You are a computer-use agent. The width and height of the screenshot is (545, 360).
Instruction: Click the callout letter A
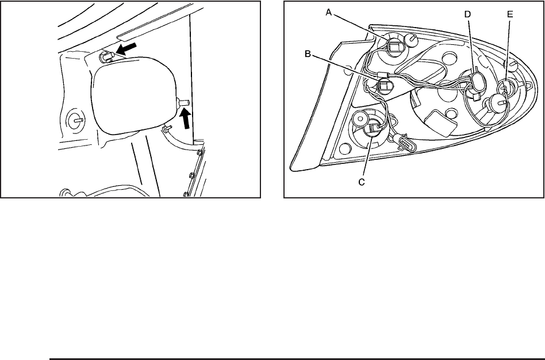click(x=329, y=12)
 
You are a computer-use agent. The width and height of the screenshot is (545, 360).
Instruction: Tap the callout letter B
click(x=308, y=54)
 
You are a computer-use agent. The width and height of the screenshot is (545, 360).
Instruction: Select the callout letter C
click(x=362, y=182)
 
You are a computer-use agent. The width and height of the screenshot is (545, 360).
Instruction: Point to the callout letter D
click(x=467, y=14)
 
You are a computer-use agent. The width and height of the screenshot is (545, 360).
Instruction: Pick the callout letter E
click(x=510, y=14)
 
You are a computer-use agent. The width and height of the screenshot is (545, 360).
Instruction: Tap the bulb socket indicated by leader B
click(x=385, y=85)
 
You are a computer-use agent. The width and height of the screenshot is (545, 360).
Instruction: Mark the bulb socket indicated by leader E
click(x=503, y=89)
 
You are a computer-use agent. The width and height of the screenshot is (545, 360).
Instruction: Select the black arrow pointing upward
click(x=186, y=117)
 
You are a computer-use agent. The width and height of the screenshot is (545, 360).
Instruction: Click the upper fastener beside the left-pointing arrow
click(x=107, y=56)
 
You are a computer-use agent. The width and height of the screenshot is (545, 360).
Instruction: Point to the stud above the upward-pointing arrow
click(x=183, y=102)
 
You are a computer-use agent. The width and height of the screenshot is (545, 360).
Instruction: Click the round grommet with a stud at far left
click(x=75, y=120)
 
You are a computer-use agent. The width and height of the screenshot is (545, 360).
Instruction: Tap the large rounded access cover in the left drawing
click(x=134, y=95)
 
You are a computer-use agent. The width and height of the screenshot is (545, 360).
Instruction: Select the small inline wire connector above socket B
click(x=382, y=74)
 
